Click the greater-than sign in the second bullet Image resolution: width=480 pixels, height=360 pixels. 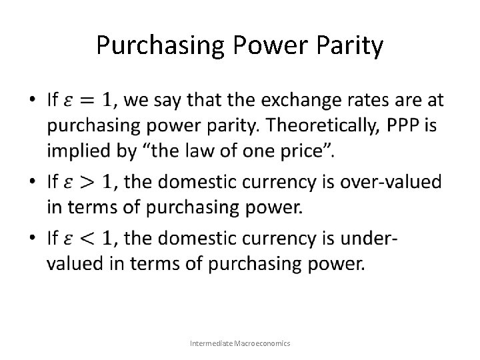88,180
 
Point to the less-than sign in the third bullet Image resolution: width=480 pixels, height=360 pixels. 88,237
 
